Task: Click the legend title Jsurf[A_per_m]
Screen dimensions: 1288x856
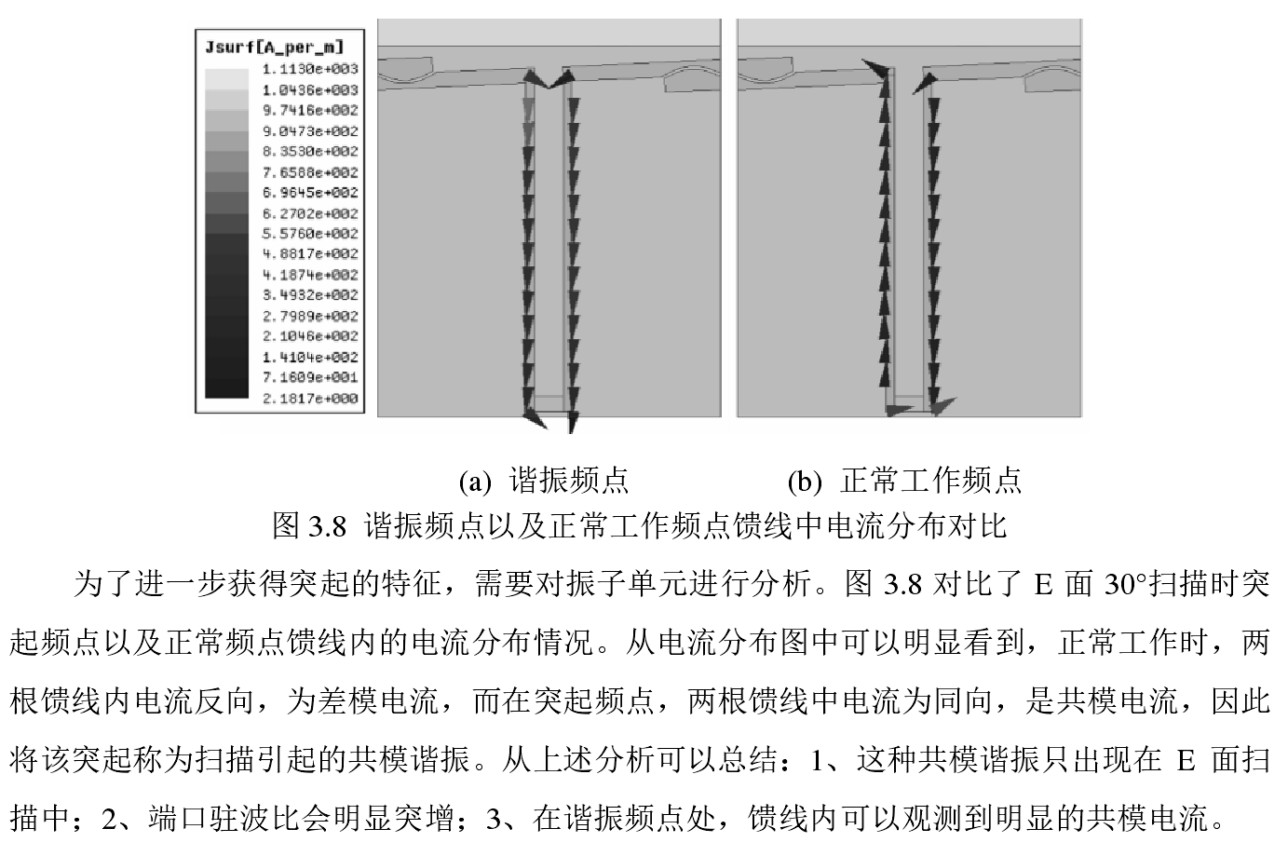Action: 273,46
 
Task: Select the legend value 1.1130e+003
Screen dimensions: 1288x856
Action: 310,69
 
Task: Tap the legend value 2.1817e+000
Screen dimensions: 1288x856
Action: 310,399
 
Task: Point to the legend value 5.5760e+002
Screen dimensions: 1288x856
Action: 310,234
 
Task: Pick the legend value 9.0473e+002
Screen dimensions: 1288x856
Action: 310,131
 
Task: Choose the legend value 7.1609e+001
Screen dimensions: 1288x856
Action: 310,378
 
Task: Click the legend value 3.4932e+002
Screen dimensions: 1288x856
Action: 310,295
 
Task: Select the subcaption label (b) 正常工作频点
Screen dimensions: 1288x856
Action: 904,481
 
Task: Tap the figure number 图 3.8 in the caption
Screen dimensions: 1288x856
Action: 309,526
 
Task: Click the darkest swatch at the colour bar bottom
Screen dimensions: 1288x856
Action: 226,389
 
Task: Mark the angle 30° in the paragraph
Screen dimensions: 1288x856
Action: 1126,585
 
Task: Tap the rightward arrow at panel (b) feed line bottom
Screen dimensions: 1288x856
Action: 943,405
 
